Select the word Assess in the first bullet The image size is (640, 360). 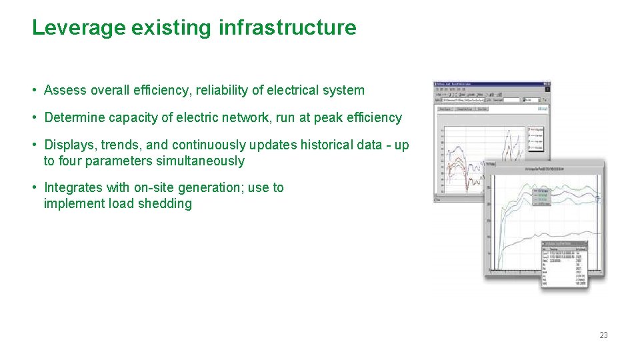pos(65,91)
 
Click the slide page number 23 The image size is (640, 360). pos(603,335)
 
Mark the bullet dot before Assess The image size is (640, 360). pos(33,91)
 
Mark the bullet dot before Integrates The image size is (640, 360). pos(33,188)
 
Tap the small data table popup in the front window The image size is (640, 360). pos(564,263)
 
